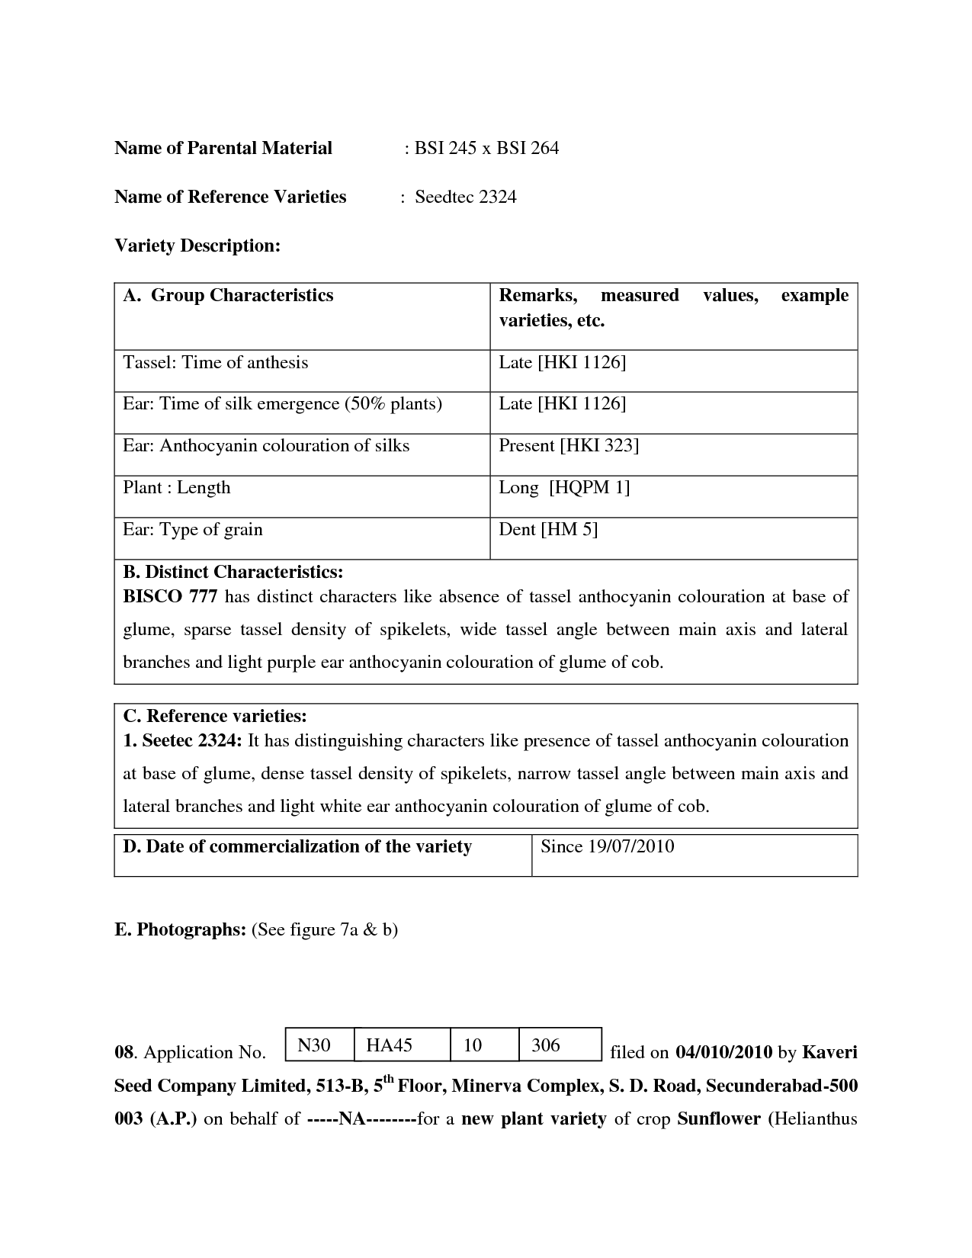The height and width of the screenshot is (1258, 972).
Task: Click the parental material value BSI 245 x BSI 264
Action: (x=486, y=148)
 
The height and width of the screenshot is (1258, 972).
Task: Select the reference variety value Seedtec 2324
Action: (x=465, y=197)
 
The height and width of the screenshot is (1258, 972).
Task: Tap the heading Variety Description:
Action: (x=197, y=246)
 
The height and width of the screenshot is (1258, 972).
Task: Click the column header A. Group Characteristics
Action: (x=228, y=295)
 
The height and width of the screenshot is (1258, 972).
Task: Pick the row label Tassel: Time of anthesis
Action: (x=215, y=362)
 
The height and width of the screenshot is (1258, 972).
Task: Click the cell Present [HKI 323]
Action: (x=568, y=446)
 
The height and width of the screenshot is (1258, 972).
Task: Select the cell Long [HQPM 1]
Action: (x=564, y=488)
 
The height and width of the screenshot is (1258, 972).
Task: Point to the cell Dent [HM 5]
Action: (x=548, y=530)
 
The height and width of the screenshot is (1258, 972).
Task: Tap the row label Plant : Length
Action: (x=176, y=488)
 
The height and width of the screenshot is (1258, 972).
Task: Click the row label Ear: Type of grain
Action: (x=192, y=530)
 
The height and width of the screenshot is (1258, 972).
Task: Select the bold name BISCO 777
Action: (x=171, y=596)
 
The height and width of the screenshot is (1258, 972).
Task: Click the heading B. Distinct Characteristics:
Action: (x=233, y=572)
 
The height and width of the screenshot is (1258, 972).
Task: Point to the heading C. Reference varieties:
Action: (x=215, y=716)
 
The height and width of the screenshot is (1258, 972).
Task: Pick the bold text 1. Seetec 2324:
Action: (x=182, y=740)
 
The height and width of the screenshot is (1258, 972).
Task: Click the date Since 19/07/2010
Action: (x=607, y=846)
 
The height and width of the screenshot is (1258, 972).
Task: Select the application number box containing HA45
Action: (x=401, y=1045)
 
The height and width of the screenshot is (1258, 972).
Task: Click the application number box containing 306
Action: (x=560, y=1045)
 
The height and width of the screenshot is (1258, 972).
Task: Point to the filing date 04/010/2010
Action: (x=723, y=1053)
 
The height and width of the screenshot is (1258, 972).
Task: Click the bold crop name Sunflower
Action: (x=719, y=1119)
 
